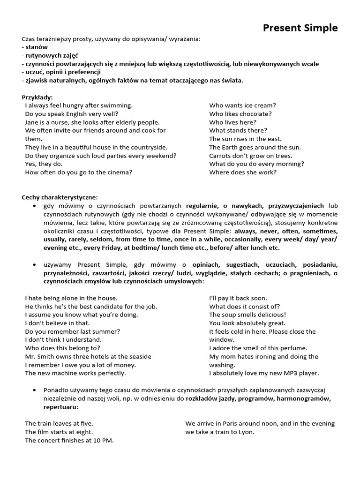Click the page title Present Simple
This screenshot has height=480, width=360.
point(300,28)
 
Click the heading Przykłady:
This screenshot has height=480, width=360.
point(37,97)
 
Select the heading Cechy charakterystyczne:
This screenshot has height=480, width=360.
point(60,197)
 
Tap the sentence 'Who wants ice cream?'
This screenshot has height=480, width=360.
point(242,105)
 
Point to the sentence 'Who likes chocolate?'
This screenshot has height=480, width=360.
point(240,114)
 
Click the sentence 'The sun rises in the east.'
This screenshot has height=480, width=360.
point(245,139)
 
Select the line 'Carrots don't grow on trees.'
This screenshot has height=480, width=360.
point(250,156)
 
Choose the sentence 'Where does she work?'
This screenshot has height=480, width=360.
point(243,172)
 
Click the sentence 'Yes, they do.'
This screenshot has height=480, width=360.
point(44,164)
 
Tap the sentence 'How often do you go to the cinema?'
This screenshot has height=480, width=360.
point(79,172)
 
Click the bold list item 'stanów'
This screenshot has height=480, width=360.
point(37,47)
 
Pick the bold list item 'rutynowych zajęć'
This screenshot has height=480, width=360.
point(50,56)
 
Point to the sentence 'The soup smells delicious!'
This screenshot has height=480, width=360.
point(247,315)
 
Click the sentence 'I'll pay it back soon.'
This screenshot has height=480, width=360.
point(238,298)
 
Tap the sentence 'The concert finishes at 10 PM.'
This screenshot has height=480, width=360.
point(69,440)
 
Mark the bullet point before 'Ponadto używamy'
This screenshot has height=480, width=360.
point(35,390)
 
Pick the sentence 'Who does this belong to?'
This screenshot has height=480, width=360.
point(62,348)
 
